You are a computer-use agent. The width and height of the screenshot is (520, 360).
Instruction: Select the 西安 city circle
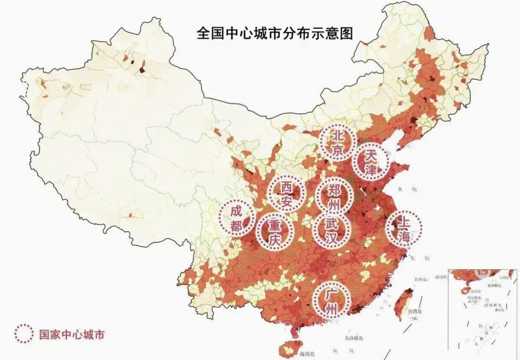tap(286, 193)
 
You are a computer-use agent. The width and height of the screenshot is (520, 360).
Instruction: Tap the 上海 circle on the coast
tap(403, 229)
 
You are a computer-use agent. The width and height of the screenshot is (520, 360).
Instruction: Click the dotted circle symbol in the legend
tap(24, 334)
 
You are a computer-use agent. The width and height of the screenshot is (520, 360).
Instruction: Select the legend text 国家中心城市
tap(71, 334)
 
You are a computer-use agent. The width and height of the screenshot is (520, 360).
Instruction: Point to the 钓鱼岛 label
tap(421, 279)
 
